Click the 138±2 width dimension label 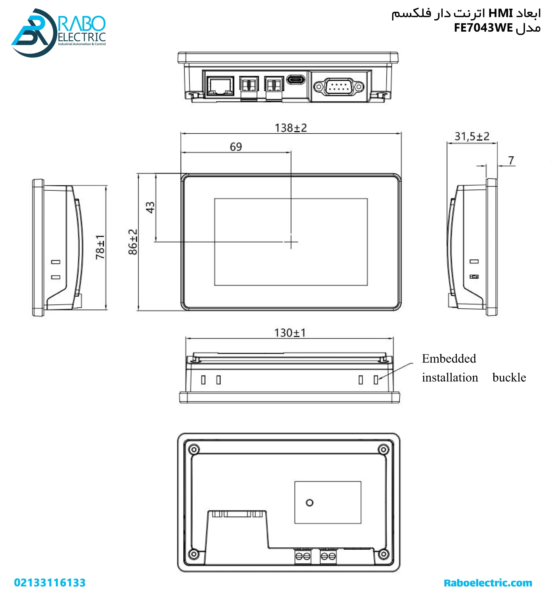point(291,128)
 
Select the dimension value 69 point(236,147)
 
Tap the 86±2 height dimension point(133,242)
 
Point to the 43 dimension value point(150,207)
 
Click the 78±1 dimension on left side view point(100,247)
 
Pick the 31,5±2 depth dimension point(472,137)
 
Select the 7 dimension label point(511,161)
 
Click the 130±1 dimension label point(290,333)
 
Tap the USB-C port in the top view point(296,80)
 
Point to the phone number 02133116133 point(50,583)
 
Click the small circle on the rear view point(309,502)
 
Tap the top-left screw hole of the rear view point(194,450)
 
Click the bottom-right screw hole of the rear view point(383,554)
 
